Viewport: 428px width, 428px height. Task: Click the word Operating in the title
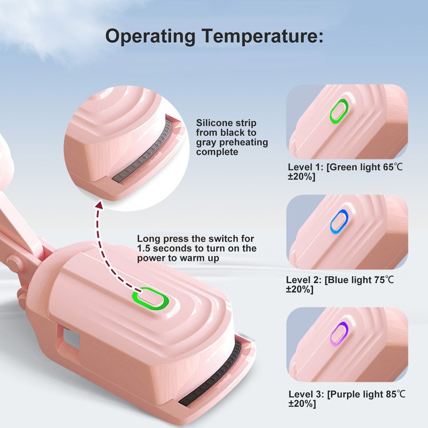(x=150, y=36)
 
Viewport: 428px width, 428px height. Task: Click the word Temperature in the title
(x=263, y=36)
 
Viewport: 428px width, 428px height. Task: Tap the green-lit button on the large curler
(x=150, y=299)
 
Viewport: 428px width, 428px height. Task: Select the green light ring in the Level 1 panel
(x=339, y=110)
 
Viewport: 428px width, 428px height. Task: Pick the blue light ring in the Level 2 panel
(x=339, y=222)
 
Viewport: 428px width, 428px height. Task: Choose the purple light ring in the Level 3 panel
(x=339, y=334)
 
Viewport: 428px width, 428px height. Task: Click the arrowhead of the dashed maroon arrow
(x=100, y=204)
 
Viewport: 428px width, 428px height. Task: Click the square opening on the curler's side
(x=71, y=339)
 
